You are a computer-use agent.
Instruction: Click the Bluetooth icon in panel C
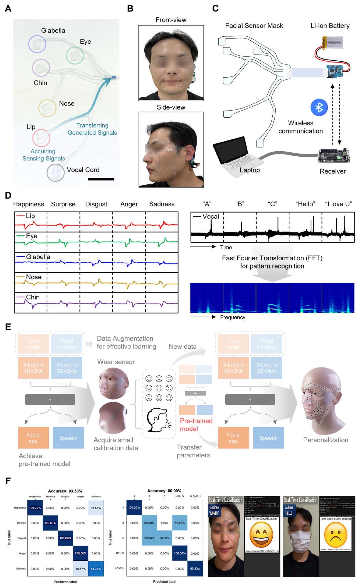(x=319, y=107)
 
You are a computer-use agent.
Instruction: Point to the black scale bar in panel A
(x=101, y=179)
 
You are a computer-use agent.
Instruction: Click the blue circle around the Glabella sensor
(x=37, y=44)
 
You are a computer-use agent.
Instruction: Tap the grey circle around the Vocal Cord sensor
(x=56, y=172)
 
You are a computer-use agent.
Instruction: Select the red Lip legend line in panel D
(x=20, y=216)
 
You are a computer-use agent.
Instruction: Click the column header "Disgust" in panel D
(x=96, y=204)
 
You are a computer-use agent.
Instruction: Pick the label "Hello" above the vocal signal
(x=305, y=204)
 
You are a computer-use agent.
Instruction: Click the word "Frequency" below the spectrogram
(x=233, y=317)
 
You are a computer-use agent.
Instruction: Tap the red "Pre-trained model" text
(x=196, y=425)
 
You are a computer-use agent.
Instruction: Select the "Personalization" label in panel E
(x=326, y=440)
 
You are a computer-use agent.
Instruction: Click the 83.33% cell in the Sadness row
(x=96, y=569)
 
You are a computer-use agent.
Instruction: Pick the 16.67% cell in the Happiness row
(x=96, y=508)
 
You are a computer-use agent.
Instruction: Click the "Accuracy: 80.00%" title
(x=164, y=491)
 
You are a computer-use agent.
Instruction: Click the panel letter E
(x=8, y=327)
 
